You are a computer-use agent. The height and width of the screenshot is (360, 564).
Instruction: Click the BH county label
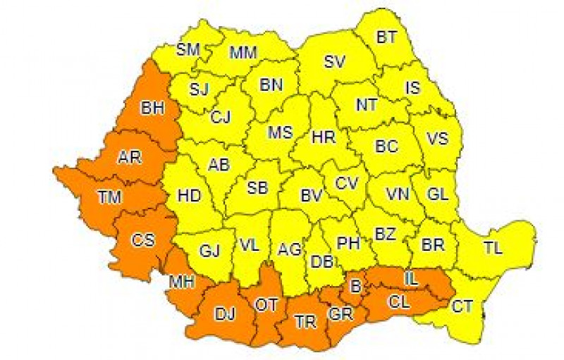(152, 108)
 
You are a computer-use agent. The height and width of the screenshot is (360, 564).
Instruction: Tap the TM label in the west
(109, 199)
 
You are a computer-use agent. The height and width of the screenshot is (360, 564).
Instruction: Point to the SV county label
(334, 61)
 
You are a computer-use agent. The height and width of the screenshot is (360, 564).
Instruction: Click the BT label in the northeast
(386, 37)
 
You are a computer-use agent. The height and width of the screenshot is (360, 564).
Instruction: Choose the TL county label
(493, 247)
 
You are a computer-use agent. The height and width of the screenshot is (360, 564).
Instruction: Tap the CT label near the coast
(462, 305)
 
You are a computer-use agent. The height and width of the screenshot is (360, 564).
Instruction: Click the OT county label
(266, 304)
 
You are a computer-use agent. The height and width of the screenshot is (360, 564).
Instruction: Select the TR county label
(305, 321)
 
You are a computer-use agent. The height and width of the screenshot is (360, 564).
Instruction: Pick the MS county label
(279, 132)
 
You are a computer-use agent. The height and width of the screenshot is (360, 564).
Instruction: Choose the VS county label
(438, 139)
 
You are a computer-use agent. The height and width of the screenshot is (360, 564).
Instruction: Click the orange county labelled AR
(130, 157)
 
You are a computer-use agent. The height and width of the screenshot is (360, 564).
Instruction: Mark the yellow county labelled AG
(290, 249)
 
